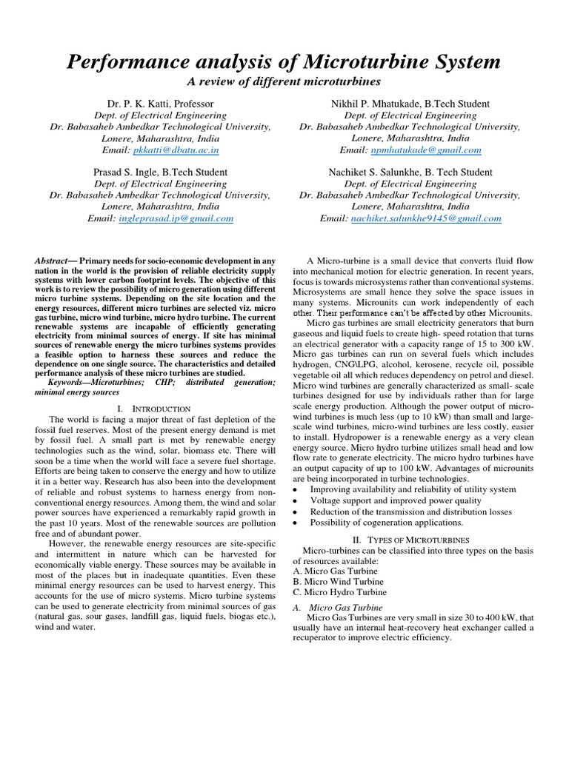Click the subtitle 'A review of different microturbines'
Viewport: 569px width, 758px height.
[284, 81]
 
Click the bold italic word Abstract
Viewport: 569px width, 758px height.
[50, 261]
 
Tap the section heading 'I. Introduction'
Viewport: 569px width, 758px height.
[154, 408]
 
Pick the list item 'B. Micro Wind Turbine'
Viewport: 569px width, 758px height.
[339, 581]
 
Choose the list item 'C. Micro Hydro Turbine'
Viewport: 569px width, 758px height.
[340, 592]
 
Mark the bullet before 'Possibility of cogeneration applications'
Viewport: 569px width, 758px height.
[297, 522]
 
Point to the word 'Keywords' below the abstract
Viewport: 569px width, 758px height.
[64, 382]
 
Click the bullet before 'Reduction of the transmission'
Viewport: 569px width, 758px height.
[297, 511]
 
